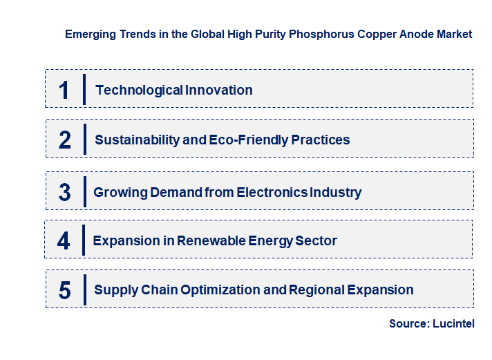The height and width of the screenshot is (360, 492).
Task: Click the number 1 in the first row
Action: (x=64, y=90)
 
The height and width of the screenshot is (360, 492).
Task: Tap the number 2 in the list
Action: (x=65, y=140)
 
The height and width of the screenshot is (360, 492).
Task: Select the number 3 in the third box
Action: (x=64, y=193)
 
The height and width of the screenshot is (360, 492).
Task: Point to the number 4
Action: (x=64, y=241)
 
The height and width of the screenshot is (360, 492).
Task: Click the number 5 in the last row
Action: (x=65, y=290)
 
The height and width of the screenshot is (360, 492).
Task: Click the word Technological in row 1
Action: (x=130, y=90)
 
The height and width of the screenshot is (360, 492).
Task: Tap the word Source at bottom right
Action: (x=409, y=323)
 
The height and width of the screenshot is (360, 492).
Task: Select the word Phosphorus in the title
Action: (x=322, y=34)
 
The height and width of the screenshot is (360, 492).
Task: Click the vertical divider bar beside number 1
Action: (x=84, y=89)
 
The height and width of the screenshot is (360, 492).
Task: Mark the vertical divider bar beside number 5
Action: (x=84, y=289)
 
